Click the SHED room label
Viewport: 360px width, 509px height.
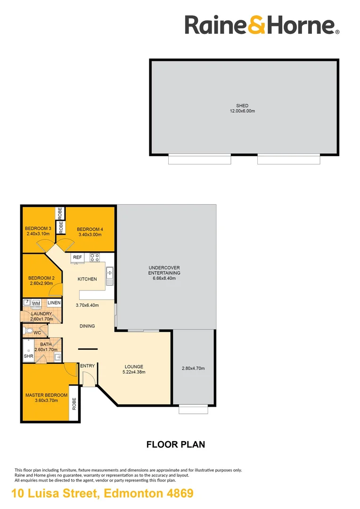pos(242,106)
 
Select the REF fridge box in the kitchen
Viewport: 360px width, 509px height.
pos(78,257)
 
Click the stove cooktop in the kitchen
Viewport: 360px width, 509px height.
pos(95,258)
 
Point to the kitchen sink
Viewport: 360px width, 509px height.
pos(110,276)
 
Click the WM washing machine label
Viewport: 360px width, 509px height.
pos(36,304)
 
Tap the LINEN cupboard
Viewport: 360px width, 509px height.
pos(54,303)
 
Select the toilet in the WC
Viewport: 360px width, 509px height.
pos(28,331)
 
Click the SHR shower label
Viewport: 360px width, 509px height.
pos(29,356)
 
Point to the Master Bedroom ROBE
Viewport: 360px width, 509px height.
pos(74,403)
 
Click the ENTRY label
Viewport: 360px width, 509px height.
pos(88,366)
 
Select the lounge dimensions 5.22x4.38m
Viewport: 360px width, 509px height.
pos(134,372)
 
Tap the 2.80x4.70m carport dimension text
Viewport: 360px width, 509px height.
pos(193,369)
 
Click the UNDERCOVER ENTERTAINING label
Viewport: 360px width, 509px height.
pos(164,271)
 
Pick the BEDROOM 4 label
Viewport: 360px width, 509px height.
pos(90,229)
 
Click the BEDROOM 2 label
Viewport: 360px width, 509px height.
pos(41,278)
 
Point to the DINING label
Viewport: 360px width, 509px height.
pos(87,326)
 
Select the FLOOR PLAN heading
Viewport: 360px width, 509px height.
pos(176,444)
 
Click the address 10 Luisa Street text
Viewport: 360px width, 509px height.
pos(56,494)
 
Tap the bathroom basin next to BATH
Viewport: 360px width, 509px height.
pos(58,357)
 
